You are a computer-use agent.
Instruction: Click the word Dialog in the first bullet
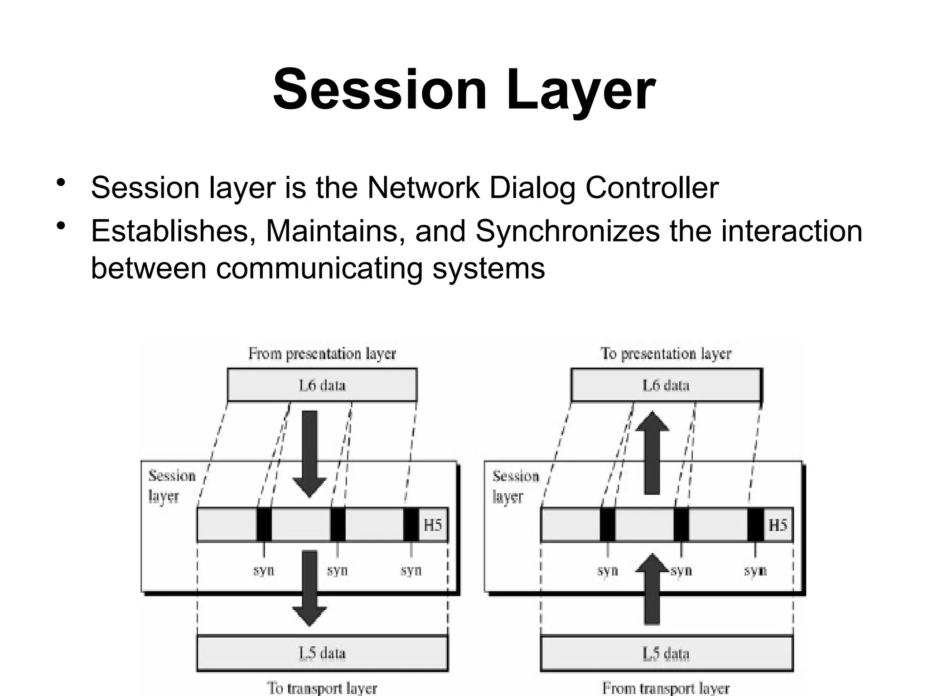tap(532, 188)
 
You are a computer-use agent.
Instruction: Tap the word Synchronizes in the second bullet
tap(567, 231)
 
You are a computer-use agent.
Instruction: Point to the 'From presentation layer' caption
tap(322, 353)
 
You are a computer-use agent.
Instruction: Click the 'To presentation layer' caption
tap(666, 353)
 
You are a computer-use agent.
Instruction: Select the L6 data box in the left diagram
tap(322, 385)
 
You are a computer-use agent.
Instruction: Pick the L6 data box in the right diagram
tap(666, 385)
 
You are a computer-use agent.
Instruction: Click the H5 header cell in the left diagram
tap(433, 525)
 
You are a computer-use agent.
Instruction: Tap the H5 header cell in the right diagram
tap(778, 525)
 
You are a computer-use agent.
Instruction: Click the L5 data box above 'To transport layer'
tap(322, 653)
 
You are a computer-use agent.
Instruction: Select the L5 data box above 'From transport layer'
tap(666, 653)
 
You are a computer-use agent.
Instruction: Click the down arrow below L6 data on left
tap(309, 453)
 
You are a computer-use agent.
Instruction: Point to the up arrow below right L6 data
tap(652, 453)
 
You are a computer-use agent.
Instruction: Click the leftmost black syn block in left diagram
tap(264, 525)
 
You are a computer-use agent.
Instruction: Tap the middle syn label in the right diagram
tap(681, 570)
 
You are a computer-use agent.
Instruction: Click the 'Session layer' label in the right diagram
tap(515, 486)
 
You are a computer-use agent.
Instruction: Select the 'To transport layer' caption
tap(322, 688)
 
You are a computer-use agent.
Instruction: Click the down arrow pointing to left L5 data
tap(309, 589)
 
